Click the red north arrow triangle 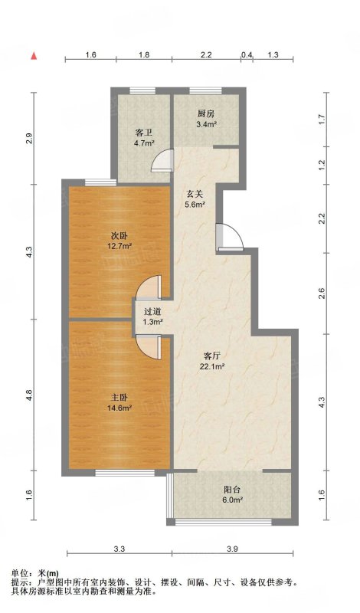[34, 56]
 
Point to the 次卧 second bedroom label [119, 236]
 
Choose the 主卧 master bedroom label [119, 398]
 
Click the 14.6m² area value [119, 408]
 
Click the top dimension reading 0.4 [247, 55]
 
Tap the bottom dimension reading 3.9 [233, 549]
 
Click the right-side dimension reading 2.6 [322, 293]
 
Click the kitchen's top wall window [206, 91]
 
